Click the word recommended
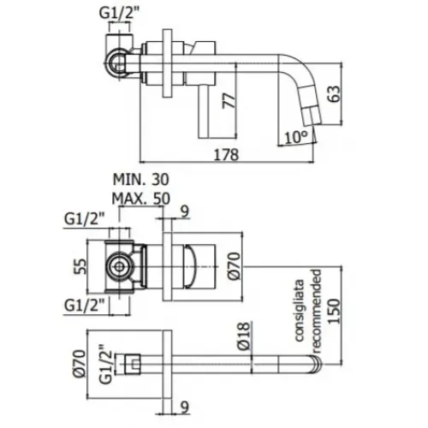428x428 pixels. (x=317, y=308)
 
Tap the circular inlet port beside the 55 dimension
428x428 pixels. (x=117, y=266)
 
